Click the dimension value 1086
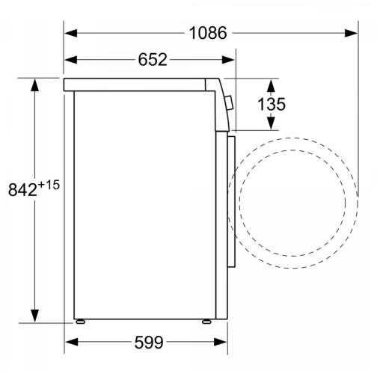[x=207, y=32]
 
